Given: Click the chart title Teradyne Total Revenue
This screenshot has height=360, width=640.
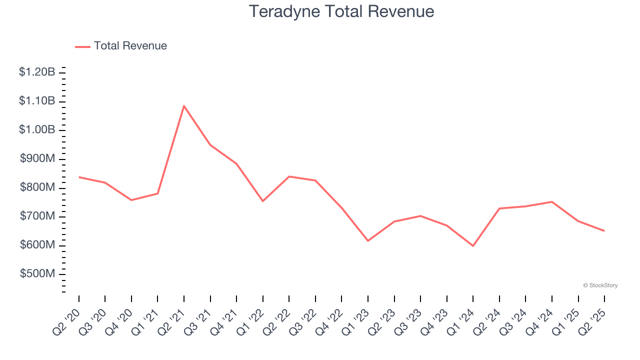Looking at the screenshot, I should (341, 11).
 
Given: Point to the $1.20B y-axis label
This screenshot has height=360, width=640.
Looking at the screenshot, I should (37, 72).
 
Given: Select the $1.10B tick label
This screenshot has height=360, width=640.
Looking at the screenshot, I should (37, 101).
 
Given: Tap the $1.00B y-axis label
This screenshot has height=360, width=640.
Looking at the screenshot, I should (37, 130).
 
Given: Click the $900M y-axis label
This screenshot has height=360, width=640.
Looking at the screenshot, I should (37, 158).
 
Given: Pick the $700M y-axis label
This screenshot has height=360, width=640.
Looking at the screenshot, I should (37, 216).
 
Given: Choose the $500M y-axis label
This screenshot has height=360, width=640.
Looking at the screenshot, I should (37, 274).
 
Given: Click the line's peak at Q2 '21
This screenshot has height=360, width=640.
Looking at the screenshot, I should (184, 105).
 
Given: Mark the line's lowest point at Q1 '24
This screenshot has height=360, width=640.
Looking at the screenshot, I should (473, 246).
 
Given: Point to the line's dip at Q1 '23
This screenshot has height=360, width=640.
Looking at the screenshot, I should (368, 241).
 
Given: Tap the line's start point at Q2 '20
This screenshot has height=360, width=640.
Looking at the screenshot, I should (79, 177).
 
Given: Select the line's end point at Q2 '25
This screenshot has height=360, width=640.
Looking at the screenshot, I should (604, 230).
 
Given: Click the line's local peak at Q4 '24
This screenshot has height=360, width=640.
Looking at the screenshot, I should (551, 201).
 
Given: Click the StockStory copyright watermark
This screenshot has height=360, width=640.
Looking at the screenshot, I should (600, 285).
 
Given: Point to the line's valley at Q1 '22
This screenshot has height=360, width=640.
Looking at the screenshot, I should (263, 201).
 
